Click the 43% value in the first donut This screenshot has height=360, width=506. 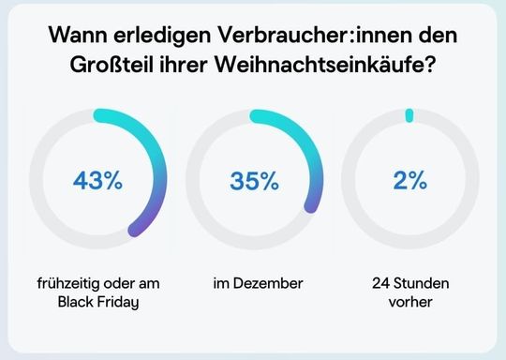98,182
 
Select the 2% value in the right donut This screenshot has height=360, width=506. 409,182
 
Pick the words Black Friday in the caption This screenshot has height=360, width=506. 98,301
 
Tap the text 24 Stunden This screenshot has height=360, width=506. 409,281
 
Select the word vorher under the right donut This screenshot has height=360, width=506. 409,301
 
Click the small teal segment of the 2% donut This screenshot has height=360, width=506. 409,115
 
